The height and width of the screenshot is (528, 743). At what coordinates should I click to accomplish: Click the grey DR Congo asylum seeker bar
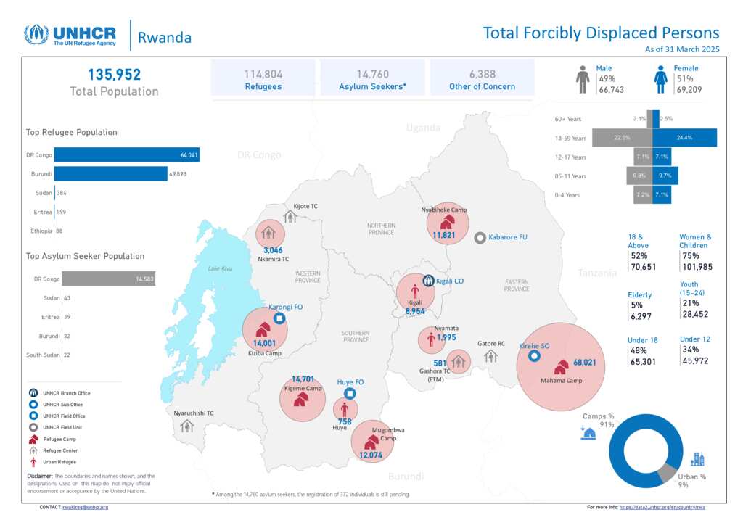tap(109, 279)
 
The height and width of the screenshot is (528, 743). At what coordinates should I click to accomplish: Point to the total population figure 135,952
tap(114, 75)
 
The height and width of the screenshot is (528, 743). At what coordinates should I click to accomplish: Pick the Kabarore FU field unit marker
tap(480, 238)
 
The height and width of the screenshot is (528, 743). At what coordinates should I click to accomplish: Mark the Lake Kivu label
tap(219, 268)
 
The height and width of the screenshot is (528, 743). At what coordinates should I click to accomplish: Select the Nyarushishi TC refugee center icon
tap(187, 426)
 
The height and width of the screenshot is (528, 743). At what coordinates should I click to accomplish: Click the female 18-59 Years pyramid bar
tap(684, 137)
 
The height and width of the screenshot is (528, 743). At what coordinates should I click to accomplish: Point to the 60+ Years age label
tap(568, 118)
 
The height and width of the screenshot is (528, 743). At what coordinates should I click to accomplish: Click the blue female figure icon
tap(660, 78)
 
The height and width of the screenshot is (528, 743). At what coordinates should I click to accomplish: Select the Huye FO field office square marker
tap(350, 394)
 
